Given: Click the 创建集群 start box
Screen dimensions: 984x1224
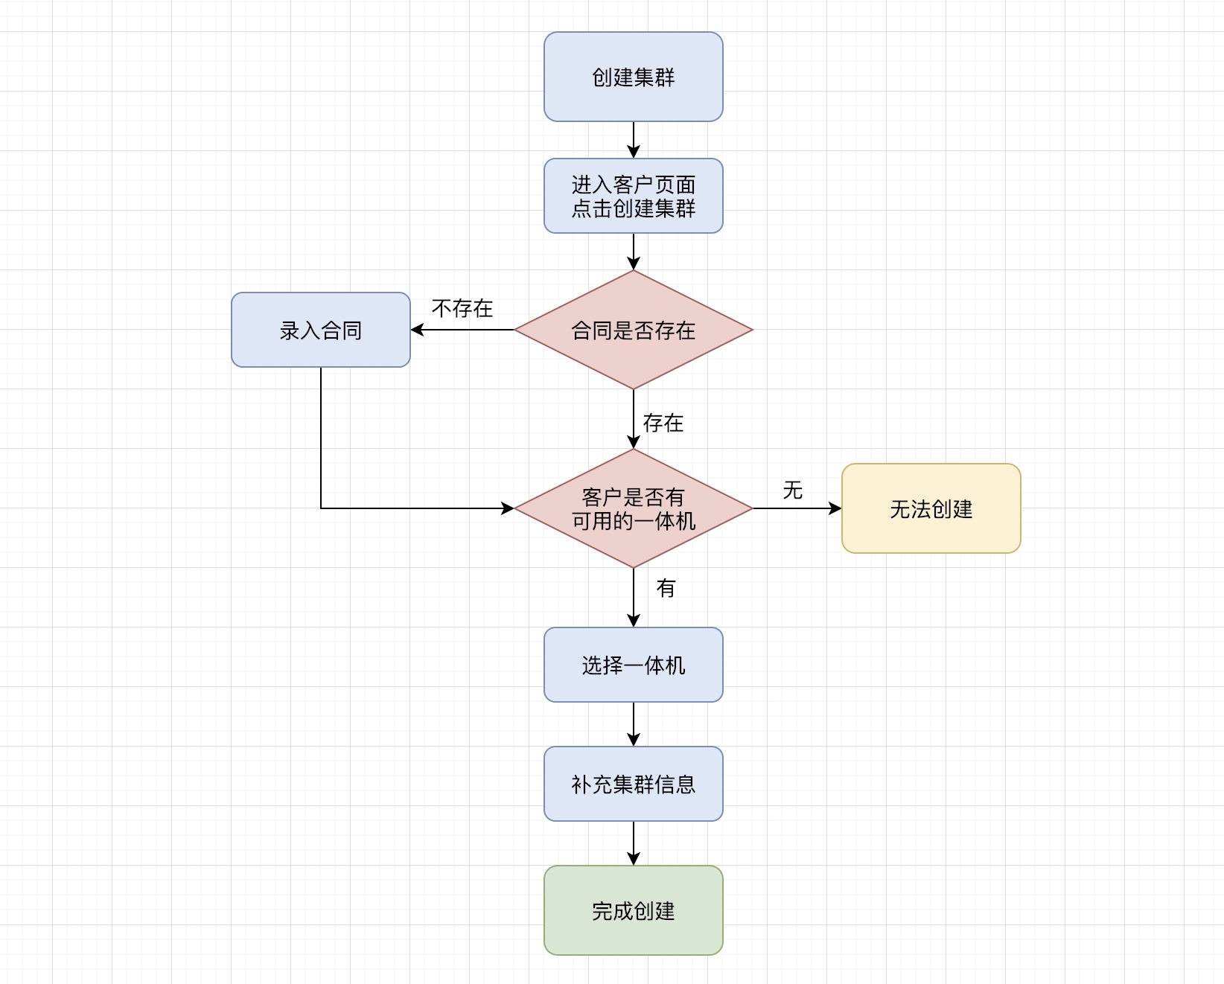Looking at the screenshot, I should click(633, 77).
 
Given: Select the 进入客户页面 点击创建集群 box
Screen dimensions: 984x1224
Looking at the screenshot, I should click(633, 196).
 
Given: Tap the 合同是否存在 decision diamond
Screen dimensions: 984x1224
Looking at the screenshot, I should click(633, 330).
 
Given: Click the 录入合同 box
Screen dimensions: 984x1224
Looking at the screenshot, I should click(320, 330).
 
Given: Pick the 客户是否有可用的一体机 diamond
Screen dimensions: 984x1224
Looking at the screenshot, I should click(633, 508).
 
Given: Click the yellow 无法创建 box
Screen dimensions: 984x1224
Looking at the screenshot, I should click(931, 508).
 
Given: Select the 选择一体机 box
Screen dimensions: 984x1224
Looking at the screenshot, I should click(633, 665).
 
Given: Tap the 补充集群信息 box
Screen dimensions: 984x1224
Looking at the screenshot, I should click(633, 784).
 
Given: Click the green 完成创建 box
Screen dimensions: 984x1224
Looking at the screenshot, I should click(633, 910).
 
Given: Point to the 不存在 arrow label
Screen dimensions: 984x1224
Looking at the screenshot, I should click(462, 308).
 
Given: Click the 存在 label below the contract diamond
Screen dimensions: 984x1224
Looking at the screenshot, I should click(663, 423).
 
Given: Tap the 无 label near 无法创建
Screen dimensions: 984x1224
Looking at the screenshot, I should click(793, 490).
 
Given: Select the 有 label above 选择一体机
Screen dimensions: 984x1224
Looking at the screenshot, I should click(666, 588).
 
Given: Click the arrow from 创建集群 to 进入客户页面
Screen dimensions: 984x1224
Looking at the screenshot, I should click(634, 140).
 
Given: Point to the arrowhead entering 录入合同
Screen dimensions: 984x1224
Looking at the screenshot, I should click(417, 330).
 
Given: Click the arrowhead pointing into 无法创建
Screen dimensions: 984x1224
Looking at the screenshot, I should click(835, 508).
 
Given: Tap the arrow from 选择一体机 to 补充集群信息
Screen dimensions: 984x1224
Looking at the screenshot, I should click(634, 724).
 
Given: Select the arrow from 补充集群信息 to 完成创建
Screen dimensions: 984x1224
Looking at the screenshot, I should click(634, 843).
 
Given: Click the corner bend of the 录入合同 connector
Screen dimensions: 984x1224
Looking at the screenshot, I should click(321, 508).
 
